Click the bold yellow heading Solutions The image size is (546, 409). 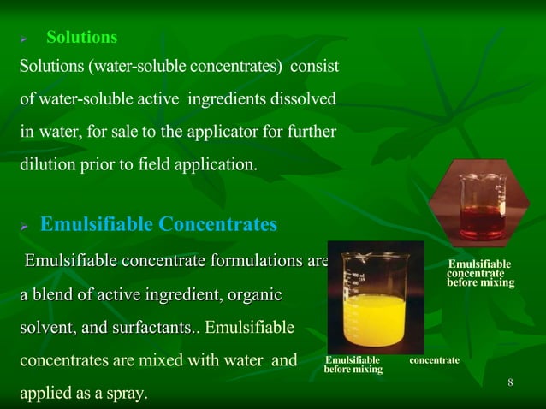(x=81, y=38)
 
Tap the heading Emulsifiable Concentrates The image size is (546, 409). (x=159, y=225)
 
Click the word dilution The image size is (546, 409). (x=45, y=164)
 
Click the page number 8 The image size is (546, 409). (x=510, y=382)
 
